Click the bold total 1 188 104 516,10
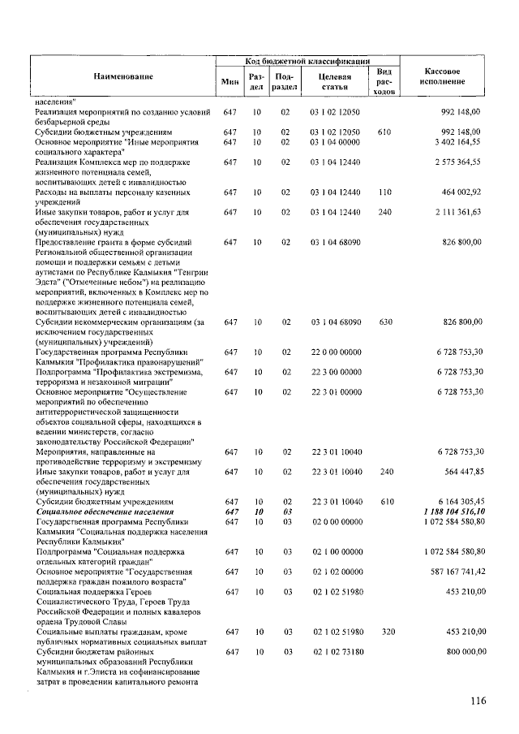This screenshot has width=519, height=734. point(453,512)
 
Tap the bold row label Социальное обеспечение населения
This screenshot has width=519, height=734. point(105,512)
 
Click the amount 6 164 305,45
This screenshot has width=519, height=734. point(453,503)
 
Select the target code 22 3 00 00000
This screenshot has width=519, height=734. point(336,372)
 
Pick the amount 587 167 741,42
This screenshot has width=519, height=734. point(449,572)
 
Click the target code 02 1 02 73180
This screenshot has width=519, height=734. point(336,651)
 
